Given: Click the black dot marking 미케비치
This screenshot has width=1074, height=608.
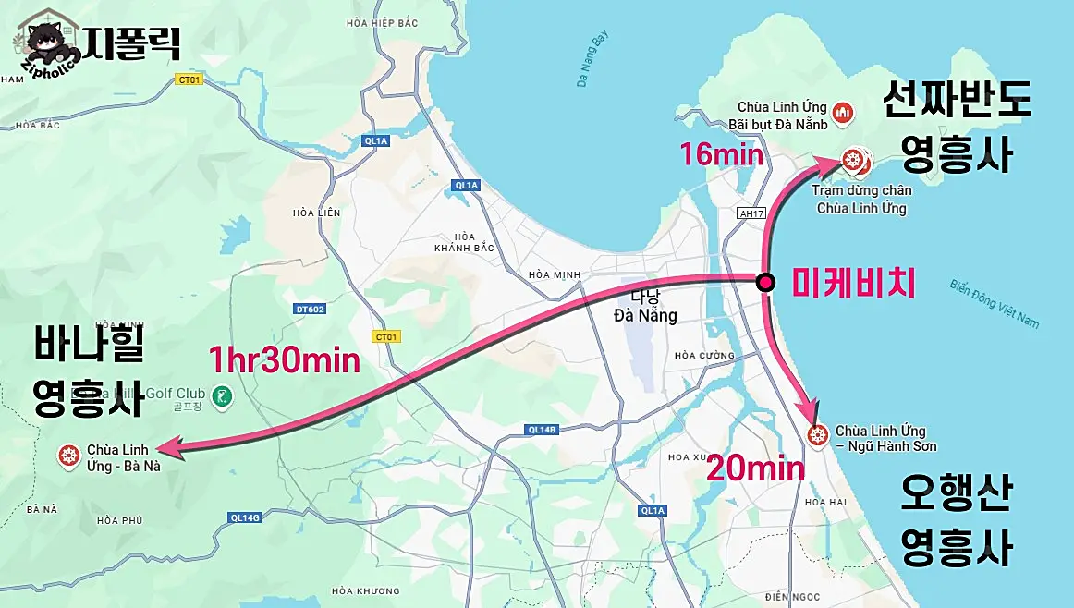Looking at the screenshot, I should [x=765, y=283].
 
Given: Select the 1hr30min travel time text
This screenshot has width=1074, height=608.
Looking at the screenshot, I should [x=284, y=359].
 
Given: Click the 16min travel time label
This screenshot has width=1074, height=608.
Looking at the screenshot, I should [x=722, y=153].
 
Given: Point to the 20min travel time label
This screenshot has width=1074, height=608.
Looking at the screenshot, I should [x=756, y=469].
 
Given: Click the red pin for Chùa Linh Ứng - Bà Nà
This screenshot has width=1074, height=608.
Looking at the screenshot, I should [x=67, y=454].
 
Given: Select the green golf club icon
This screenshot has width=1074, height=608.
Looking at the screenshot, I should [x=221, y=397].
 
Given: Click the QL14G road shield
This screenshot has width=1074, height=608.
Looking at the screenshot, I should [x=245, y=517].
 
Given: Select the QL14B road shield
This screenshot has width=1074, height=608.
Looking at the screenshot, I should [x=542, y=430].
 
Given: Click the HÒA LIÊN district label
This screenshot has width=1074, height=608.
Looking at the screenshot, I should [x=316, y=213].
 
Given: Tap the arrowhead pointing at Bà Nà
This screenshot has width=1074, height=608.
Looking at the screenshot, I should [x=171, y=450].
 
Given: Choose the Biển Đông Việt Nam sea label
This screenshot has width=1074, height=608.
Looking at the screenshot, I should [x=995, y=302].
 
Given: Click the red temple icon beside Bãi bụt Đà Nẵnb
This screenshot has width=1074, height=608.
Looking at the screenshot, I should [x=842, y=114].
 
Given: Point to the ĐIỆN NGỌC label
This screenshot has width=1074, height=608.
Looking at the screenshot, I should [x=791, y=598].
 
